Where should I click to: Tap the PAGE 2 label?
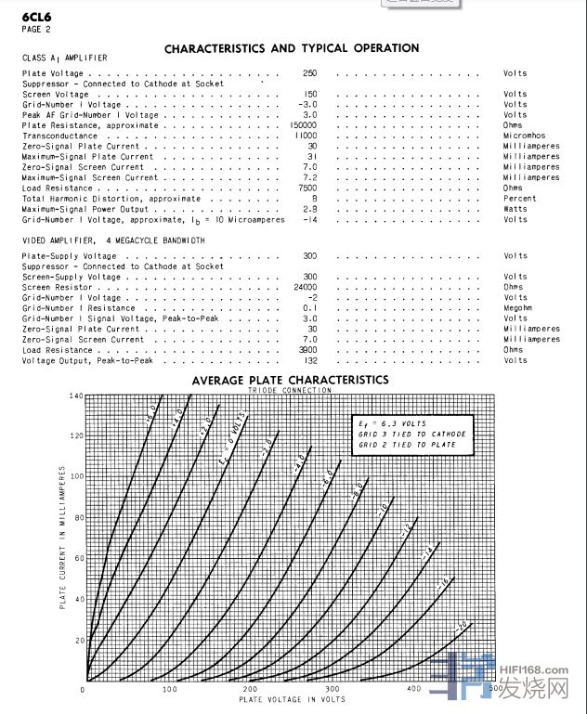(x=36, y=29)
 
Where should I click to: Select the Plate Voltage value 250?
(x=310, y=72)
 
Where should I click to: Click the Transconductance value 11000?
(x=306, y=136)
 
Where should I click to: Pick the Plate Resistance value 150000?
(x=304, y=125)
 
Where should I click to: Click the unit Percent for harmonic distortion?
(x=519, y=198)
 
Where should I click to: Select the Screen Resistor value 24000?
(x=306, y=287)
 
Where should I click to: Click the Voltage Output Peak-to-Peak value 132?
(x=311, y=360)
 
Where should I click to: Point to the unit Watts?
(x=515, y=208)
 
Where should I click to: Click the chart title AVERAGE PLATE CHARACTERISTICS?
(x=290, y=380)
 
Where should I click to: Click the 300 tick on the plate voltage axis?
(x=332, y=689)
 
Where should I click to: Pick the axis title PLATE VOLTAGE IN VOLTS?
(x=291, y=699)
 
